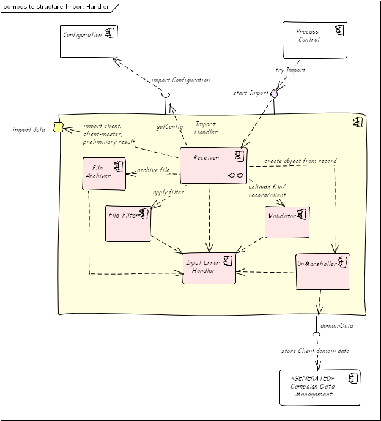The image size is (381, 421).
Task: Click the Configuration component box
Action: coord(89,41)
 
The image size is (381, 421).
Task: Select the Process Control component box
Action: coord(315,40)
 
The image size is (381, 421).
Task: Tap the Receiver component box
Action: coord(213,165)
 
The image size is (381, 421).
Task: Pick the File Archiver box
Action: coord(104,173)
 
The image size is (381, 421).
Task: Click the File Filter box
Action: coord(128,224)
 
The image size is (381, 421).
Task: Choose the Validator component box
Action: coord(287,222)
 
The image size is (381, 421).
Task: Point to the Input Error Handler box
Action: coord(209,268)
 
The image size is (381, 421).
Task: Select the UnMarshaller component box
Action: coord(322,271)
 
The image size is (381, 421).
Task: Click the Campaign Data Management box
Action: coord(320,387)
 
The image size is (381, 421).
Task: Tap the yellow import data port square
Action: coord(59,127)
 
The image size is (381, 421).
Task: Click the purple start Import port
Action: coord(274,94)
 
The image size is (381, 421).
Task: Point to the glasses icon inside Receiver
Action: coord(236,176)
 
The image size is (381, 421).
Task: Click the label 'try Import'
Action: coord(290,70)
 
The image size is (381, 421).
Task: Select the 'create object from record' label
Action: coord(300,161)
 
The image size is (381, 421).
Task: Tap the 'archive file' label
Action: coord(154,170)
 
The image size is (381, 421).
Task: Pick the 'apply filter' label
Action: coord(169,192)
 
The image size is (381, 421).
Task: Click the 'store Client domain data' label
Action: coord(316,351)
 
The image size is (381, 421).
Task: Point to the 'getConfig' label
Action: coord(169,126)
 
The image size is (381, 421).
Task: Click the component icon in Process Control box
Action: coord(340,30)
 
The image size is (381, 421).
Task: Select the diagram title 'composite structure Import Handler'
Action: coord(56,7)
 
